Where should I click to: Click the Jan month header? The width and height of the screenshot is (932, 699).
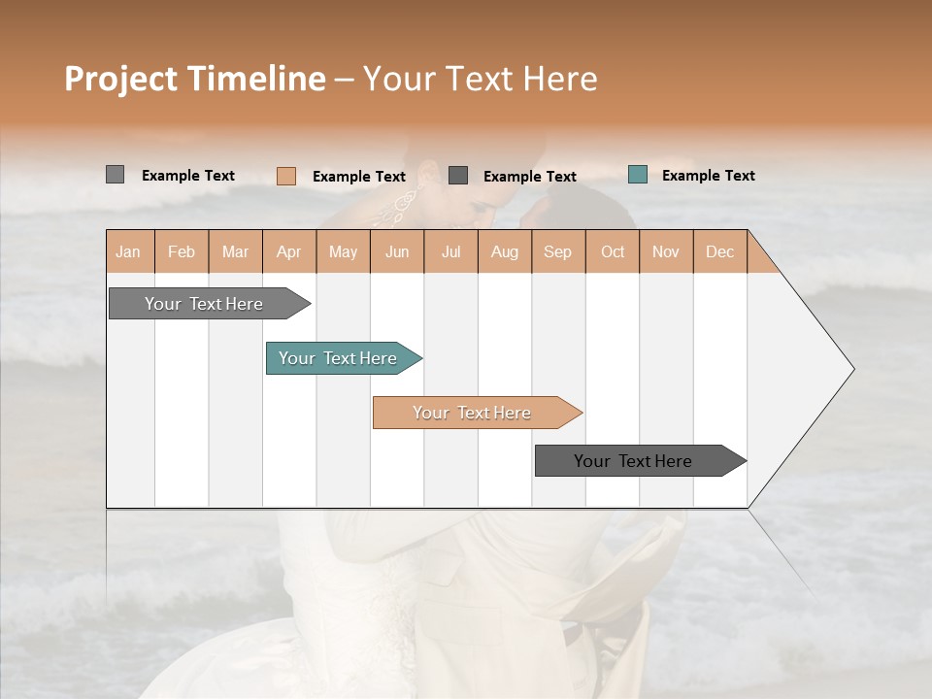click(128, 251)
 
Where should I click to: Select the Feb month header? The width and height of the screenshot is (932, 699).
click(182, 251)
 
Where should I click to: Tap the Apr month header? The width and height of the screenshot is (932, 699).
click(288, 251)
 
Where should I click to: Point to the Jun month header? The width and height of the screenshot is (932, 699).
click(397, 251)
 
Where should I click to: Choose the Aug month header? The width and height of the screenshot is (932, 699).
click(504, 251)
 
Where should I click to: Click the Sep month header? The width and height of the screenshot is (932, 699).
click(557, 251)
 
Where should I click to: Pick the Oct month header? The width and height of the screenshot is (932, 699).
click(613, 251)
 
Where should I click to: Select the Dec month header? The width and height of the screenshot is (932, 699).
click(719, 251)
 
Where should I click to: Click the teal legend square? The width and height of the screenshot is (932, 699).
click(638, 175)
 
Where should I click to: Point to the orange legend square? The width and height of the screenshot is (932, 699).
click(286, 176)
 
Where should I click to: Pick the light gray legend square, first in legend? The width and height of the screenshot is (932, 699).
click(115, 175)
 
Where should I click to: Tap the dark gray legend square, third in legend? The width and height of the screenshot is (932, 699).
click(458, 175)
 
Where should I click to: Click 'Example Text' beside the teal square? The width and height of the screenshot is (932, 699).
click(708, 176)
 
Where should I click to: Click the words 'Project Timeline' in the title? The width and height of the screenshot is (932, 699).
click(194, 79)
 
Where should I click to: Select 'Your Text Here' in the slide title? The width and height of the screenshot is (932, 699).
click(480, 79)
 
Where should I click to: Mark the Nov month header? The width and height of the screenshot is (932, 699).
click(666, 251)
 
